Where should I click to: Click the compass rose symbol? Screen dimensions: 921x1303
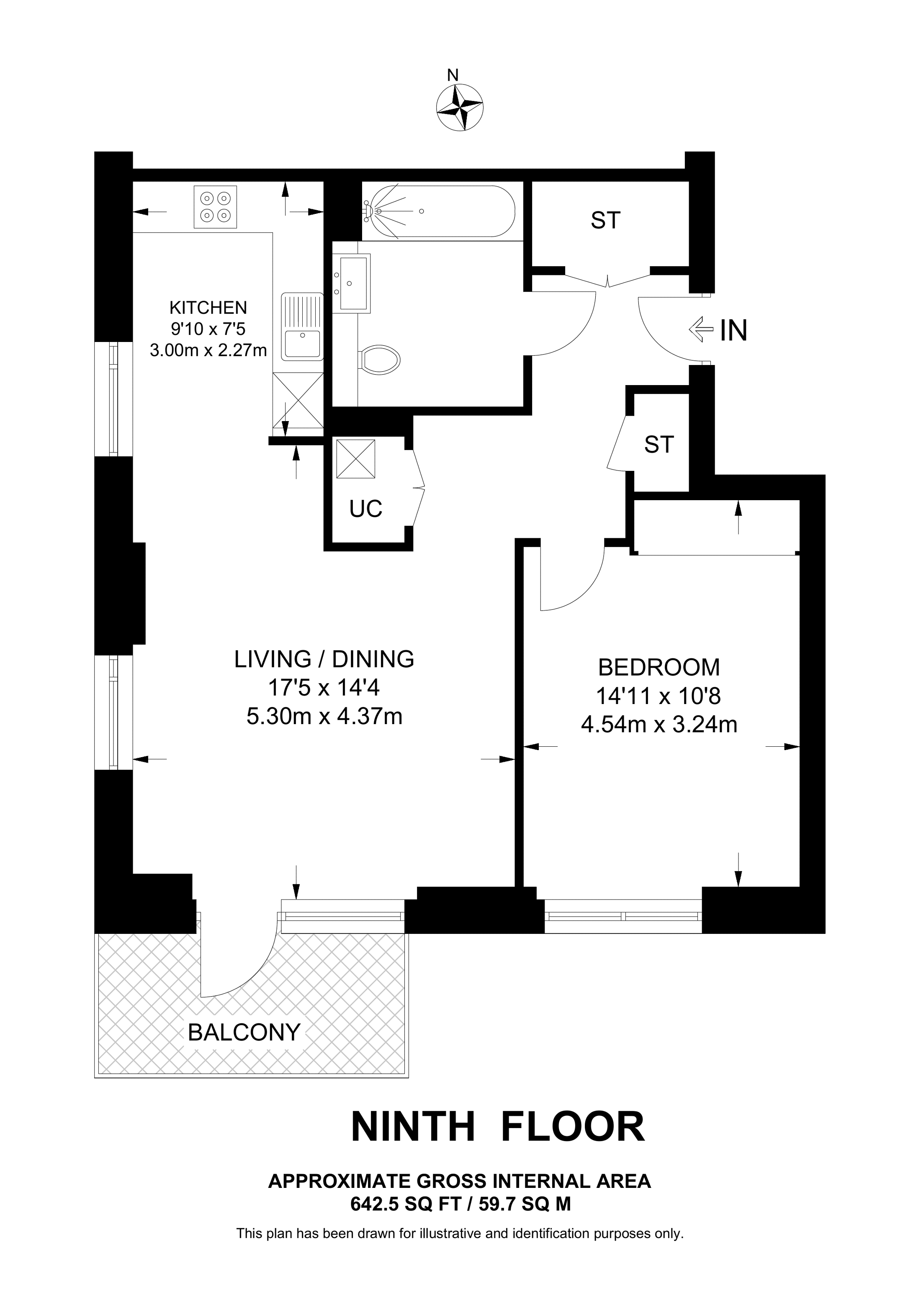coord(460,108)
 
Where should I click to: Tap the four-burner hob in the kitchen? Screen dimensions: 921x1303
coord(216,207)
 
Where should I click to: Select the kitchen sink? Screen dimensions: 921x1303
coord(302,327)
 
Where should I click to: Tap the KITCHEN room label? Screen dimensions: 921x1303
coord(208,308)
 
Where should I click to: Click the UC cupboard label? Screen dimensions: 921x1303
coord(366,509)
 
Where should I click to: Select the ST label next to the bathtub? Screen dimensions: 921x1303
coord(605,220)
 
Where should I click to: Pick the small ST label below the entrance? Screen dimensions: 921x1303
coord(659,445)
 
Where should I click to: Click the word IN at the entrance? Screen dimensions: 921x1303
coord(734,331)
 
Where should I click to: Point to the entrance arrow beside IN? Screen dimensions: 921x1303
coord(701,329)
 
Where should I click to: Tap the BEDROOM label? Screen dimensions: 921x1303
coord(659,667)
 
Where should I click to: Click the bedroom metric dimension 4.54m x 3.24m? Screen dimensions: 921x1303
coord(659,725)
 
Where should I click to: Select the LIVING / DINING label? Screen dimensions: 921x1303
coord(324,659)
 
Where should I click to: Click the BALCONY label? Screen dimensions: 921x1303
coord(244,1032)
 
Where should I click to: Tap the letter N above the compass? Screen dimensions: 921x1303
coord(452,75)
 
